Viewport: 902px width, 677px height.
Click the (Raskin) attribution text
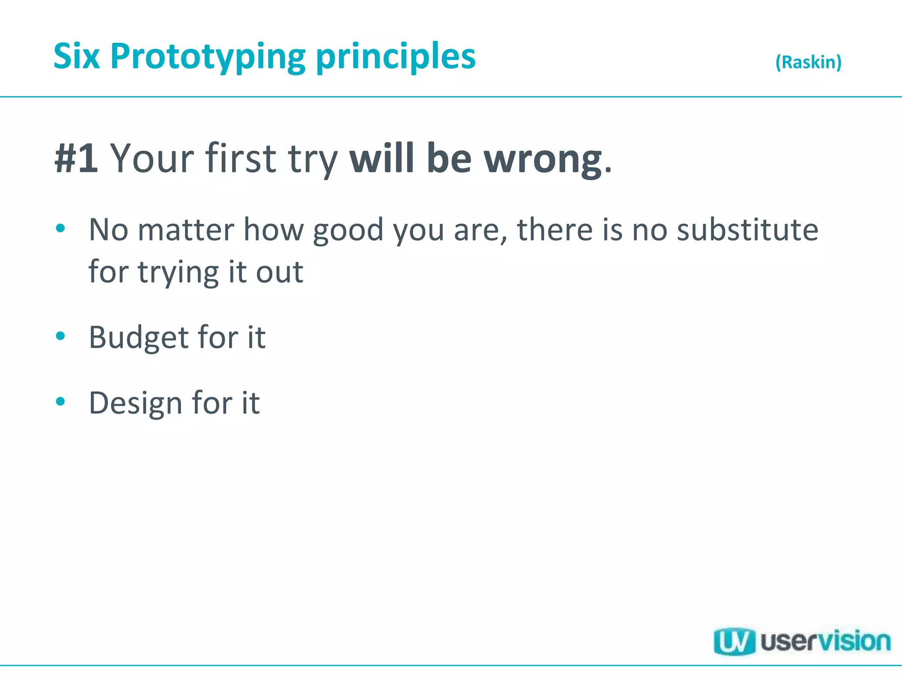[x=808, y=62]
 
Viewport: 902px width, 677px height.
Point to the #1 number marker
[x=76, y=158]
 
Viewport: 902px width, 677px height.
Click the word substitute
[x=747, y=230]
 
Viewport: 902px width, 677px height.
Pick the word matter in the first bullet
[x=186, y=230]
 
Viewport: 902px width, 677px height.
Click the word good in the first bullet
[x=348, y=231]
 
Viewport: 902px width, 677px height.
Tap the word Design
[x=135, y=403]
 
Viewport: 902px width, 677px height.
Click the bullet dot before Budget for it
[x=61, y=336]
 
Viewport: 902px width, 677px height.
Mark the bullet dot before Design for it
[x=61, y=402]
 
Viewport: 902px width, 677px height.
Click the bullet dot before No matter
[x=61, y=228]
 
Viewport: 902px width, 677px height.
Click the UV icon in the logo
[x=734, y=642]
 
